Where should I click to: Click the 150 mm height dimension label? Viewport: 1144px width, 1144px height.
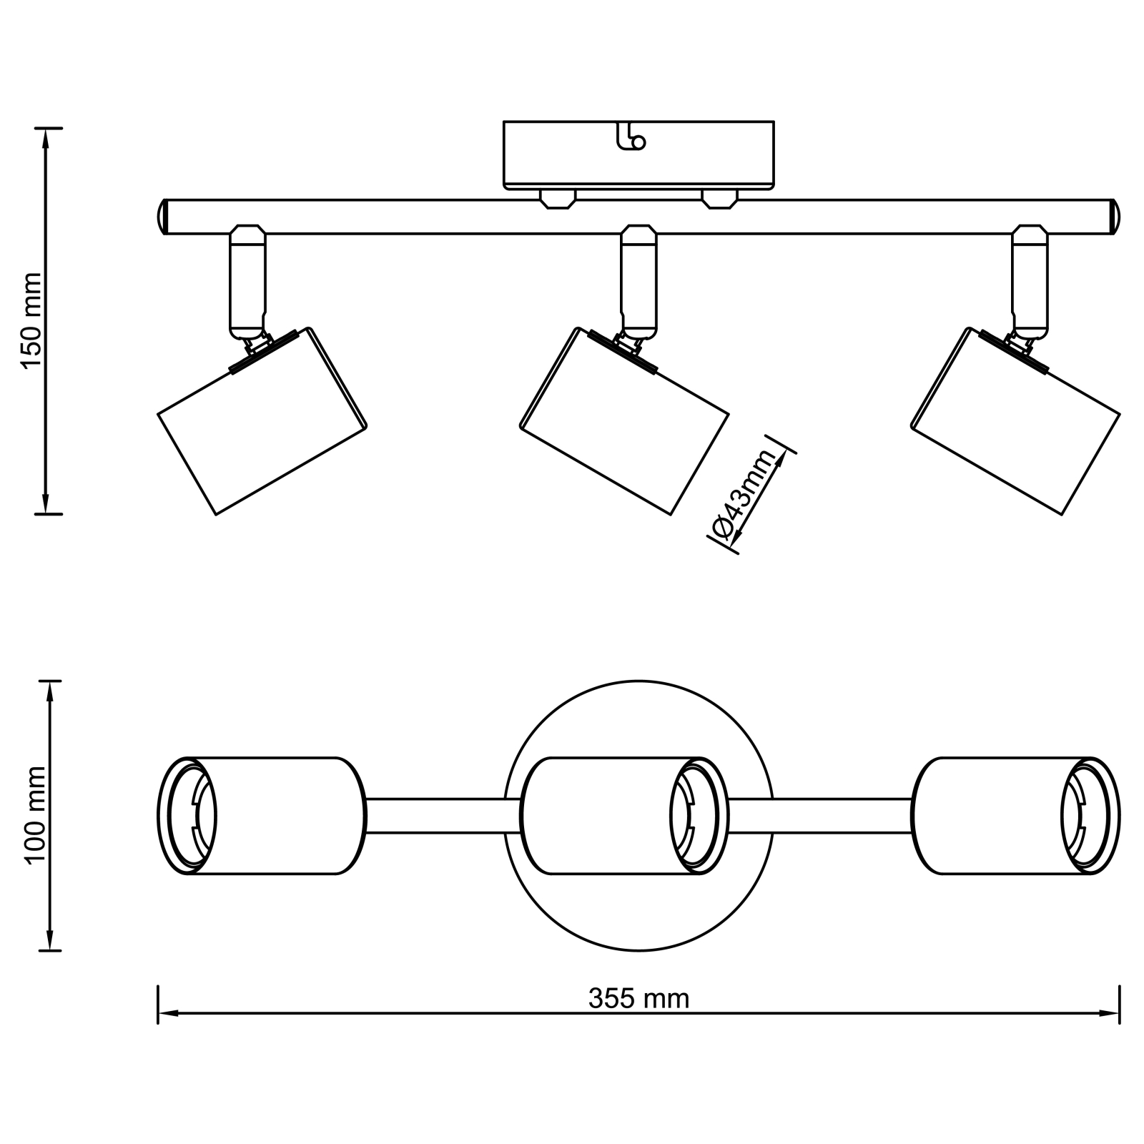pos(33,320)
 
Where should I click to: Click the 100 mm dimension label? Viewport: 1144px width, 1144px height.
pos(35,815)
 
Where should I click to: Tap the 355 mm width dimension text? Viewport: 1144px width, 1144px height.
pos(638,998)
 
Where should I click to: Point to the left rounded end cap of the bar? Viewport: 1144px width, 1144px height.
pos(162,216)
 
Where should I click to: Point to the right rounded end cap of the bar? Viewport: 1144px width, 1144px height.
pos(1115,216)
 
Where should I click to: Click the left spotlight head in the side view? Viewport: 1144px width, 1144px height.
pos(262,422)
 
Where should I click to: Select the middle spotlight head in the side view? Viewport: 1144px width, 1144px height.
pos(623,422)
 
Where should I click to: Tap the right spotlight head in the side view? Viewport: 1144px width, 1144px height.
pos(1015,422)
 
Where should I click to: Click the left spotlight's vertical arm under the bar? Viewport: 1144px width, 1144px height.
pos(247,282)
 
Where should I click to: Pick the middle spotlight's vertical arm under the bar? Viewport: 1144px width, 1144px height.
pos(638,282)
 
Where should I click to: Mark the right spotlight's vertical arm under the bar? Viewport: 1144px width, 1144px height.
pos(1030,282)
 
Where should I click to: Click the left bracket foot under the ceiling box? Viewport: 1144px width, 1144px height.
pos(558,199)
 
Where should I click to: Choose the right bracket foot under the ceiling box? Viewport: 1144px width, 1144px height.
pos(719,199)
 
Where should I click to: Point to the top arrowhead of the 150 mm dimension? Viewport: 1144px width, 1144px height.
pos(47,137)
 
